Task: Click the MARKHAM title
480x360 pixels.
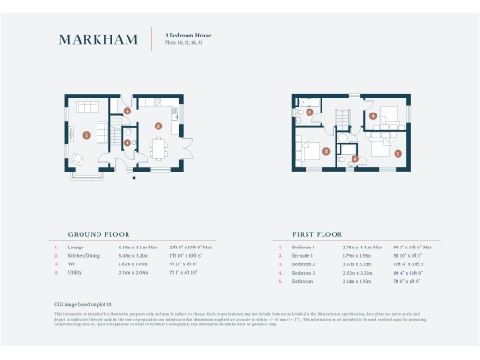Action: pos(98,39)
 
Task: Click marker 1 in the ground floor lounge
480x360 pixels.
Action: pos(86,135)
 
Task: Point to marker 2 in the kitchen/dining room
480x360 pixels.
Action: pos(158,125)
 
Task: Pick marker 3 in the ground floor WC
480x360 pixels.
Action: pos(127,142)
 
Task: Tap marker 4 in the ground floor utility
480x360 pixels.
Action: pos(127,112)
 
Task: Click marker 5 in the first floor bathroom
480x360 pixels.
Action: pos(301,112)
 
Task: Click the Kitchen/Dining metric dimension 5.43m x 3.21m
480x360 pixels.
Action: pos(135,256)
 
